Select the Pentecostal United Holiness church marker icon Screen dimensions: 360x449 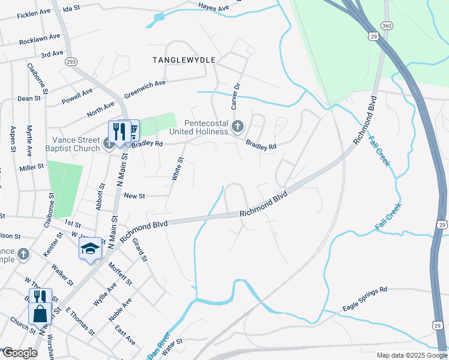click(x=238, y=127)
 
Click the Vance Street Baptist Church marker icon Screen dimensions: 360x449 click(x=109, y=143)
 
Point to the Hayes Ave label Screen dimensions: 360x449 click(x=214, y=8)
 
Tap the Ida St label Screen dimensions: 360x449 click(x=71, y=9)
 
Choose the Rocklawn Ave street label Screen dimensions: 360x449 click(x=40, y=38)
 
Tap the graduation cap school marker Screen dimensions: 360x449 click(x=90, y=248)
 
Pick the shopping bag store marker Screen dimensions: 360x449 click(x=40, y=313)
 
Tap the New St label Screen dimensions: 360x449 click(x=134, y=196)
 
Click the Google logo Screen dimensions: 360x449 click(x=20, y=352)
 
